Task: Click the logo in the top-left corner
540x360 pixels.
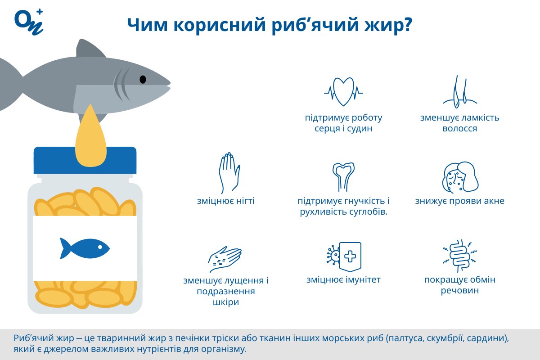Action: pos(28,21)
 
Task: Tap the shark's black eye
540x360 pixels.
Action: pos(143,79)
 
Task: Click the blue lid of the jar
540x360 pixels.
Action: pos(85,160)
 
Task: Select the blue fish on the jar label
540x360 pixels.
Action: pos(85,248)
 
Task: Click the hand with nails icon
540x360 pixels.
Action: pos(229,173)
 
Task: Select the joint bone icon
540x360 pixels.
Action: pos(343,176)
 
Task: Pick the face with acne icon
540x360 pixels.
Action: pos(459,177)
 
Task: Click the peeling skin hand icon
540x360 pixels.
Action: pos(225,257)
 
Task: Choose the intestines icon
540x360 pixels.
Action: pos(459,256)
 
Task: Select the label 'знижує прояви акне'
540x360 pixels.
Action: pos(459,201)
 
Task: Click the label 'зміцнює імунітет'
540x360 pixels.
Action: pos(343,280)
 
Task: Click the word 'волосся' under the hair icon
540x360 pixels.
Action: pos(459,129)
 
